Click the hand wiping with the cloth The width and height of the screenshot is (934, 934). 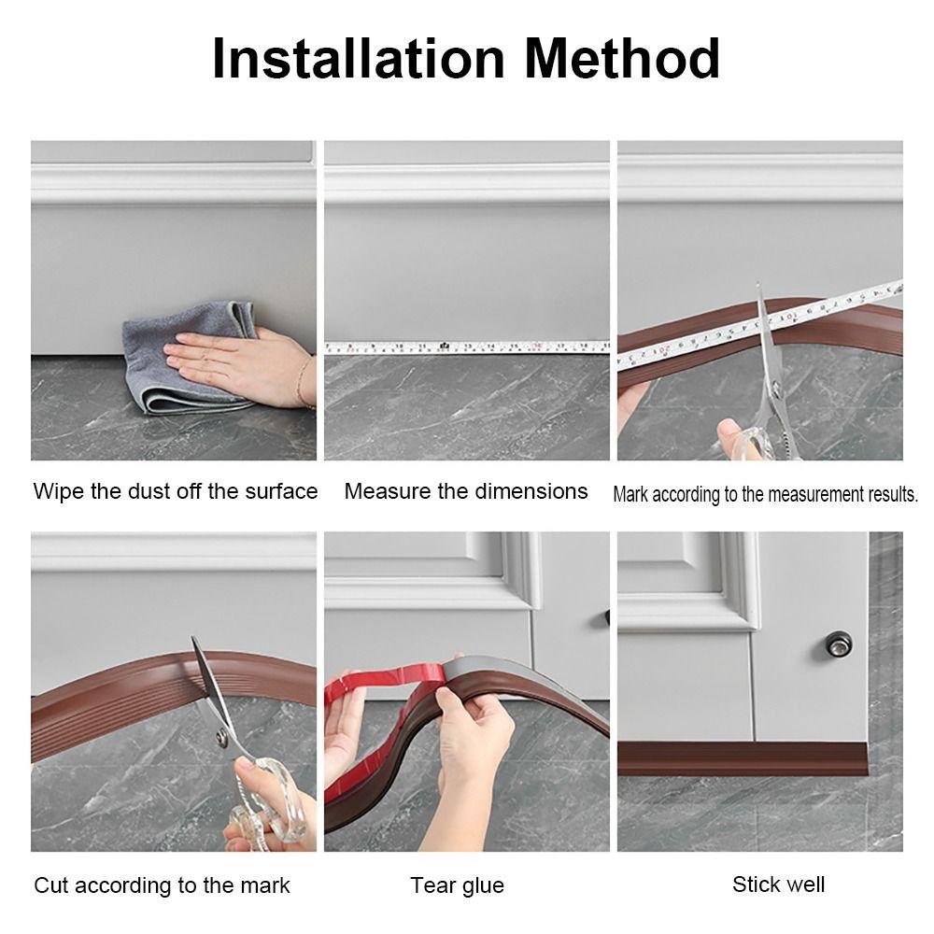pos(233,360)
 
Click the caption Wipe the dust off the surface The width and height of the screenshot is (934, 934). pos(176,491)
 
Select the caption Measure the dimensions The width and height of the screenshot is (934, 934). pos(466,491)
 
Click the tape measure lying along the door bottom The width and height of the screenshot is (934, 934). pos(467,347)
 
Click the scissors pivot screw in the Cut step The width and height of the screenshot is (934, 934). pos(220,739)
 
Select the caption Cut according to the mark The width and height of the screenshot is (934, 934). pos(162,885)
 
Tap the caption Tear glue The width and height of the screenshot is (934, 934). pos(457,885)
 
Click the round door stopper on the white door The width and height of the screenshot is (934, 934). pos(838,644)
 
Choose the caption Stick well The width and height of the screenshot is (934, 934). pos(778,884)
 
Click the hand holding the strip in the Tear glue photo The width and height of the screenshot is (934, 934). pos(476,738)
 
